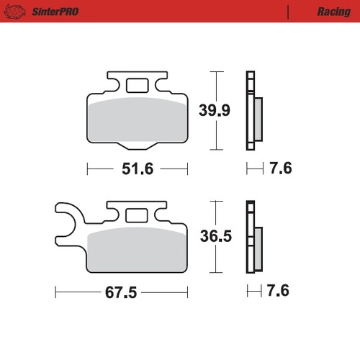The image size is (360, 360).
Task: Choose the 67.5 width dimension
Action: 121,294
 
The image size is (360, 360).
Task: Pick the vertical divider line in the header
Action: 288,12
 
